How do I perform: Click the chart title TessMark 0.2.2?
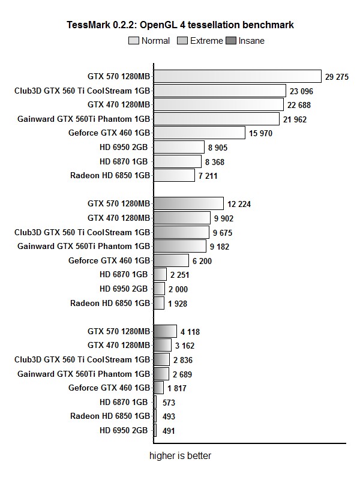pyautogui.click(x=180, y=25)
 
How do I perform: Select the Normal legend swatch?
pyautogui.click(x=134, y=41)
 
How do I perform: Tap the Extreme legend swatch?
pyautogui.click(x=183, y=41)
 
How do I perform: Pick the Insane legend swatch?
pyautogui.click(x=231, y=41)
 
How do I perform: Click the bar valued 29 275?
pyautogui.click(x=238, y=76)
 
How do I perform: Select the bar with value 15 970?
pyautogui.click(x=199, y=133)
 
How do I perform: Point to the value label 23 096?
pyautogui.click(x=302, y=91)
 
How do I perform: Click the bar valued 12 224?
pyautogui.click(x=188, y=203)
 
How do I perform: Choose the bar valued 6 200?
pyautogui.click(x=171, y=260)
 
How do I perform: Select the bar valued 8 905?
pyautogui.click(x=179, y=147)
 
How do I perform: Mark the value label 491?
pyautogui.click(x=169, y=431)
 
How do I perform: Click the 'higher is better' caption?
pyautogui.click(x=180, y=456)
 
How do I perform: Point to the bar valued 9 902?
pyautogui.click(x=182, y=218)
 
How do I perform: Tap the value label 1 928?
pyautogui.click(x=178, y=304)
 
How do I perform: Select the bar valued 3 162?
pyautogui.click(x=163, y=345)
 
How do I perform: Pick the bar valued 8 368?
pyautogui.click(x=178, y=161)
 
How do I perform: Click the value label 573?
pyautogui.click(x=169, y=403)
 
